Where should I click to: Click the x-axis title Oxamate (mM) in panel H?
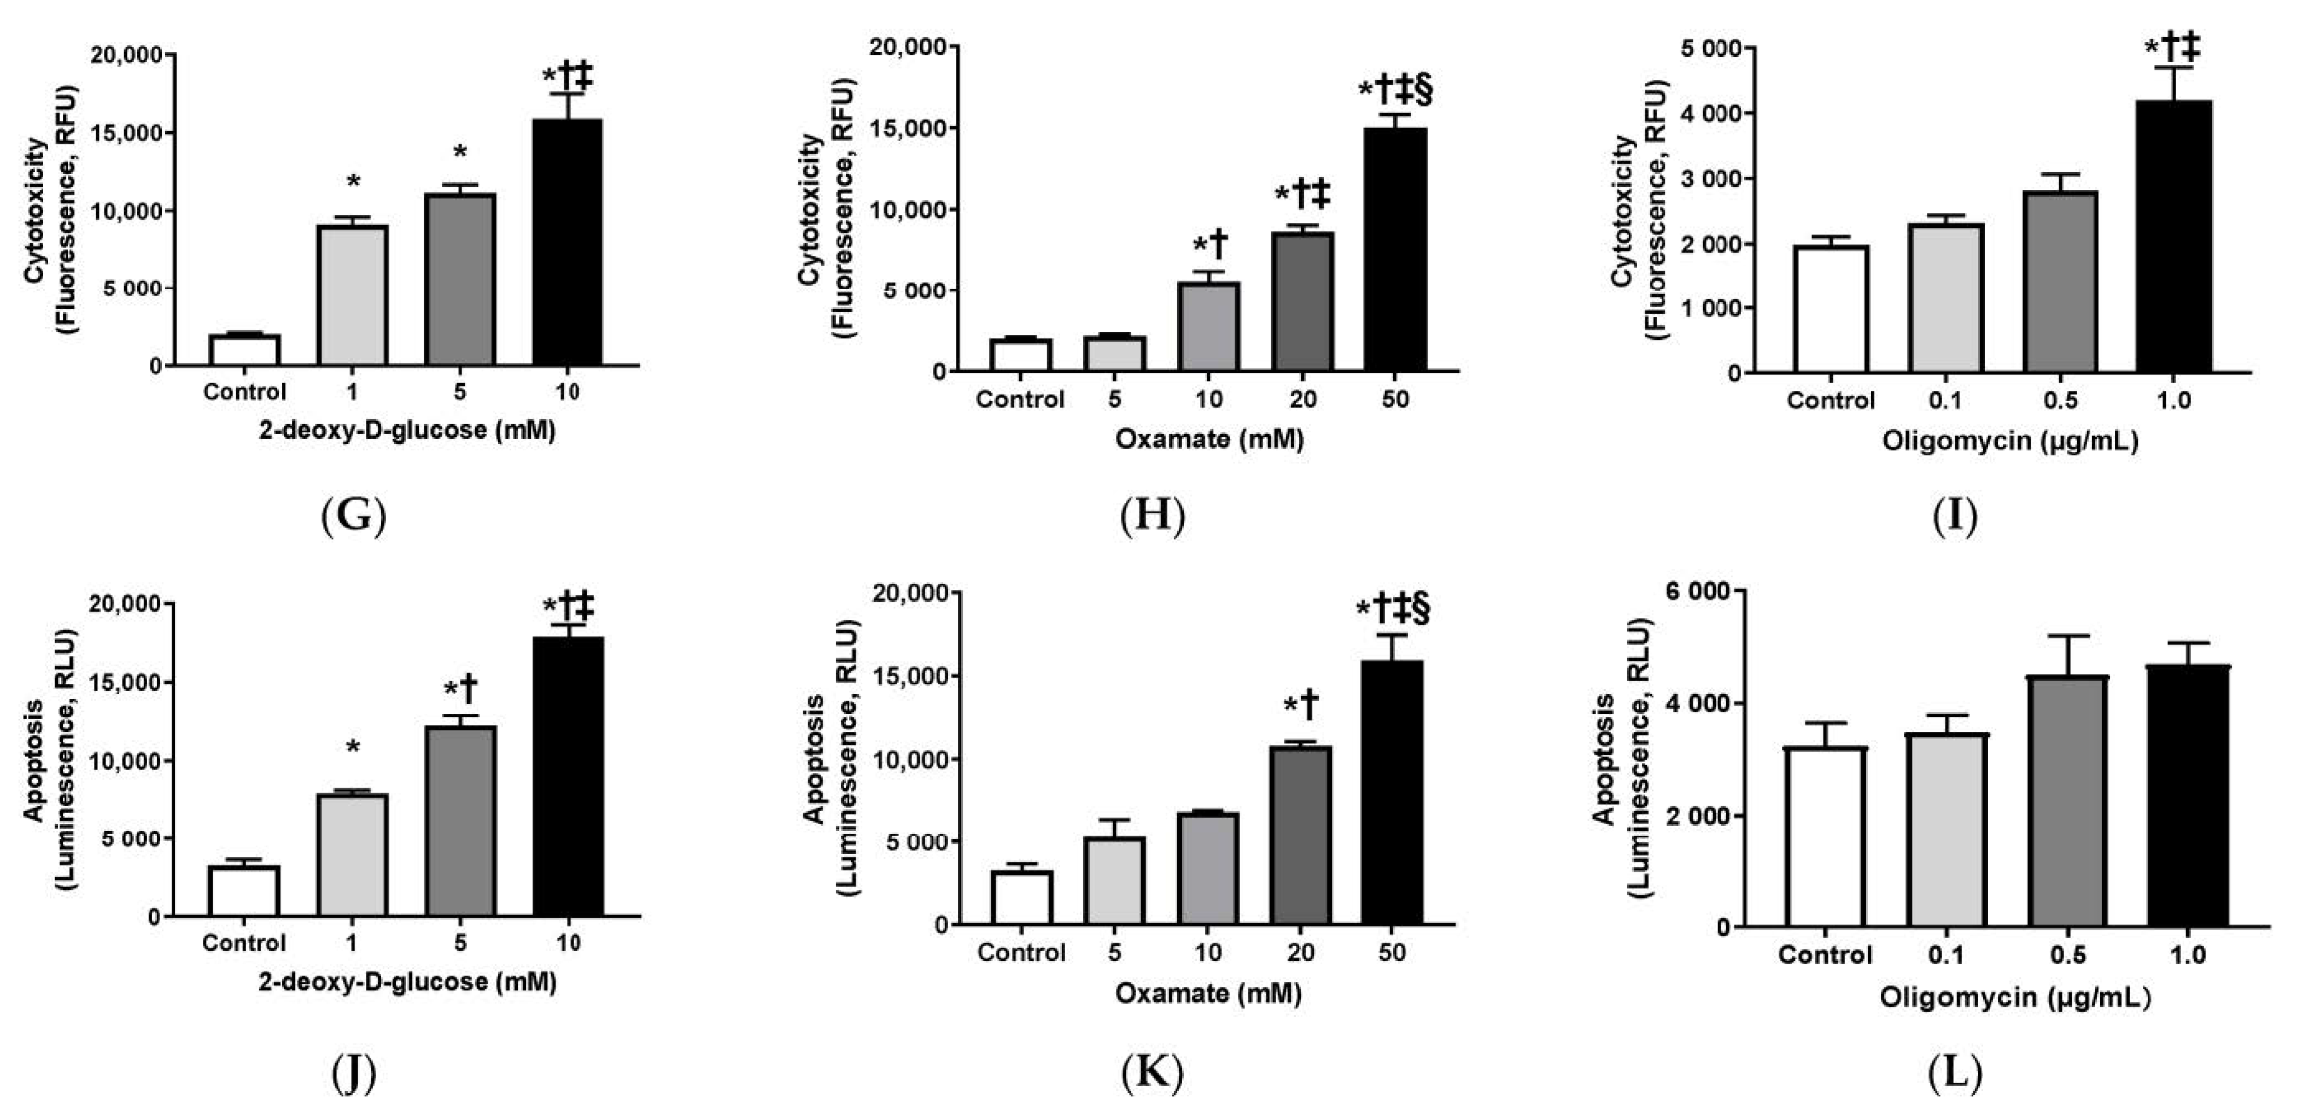click(1208, 439)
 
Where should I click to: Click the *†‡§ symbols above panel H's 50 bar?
click(1395, 90)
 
